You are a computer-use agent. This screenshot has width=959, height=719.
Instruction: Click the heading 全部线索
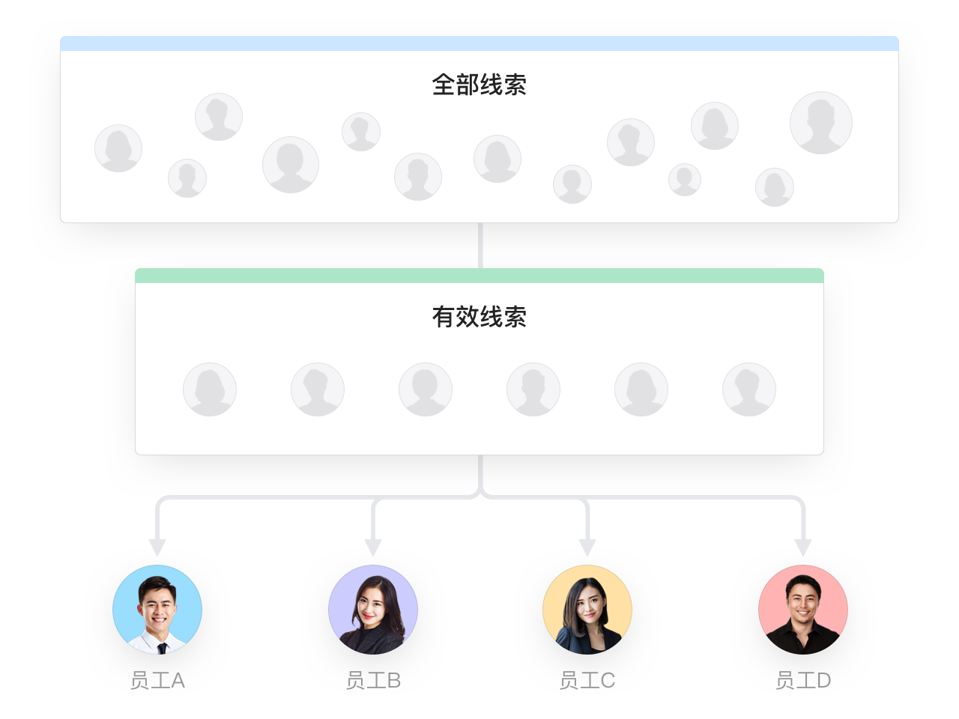(x=479, y=85)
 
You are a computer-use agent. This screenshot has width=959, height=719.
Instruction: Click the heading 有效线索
(x=479, y=317)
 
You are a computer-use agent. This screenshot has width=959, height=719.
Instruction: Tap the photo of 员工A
(x=157, y=610)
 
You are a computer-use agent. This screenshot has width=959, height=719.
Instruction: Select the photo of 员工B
(x=373, y=610)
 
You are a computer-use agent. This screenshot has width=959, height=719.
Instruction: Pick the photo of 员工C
(x=587, y=610)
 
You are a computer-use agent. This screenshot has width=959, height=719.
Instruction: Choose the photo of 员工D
(x=803, y=610)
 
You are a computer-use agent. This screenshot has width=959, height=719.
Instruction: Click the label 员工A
(x=157, y=680)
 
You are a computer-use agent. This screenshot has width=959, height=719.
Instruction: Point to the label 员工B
(x=373, y=680)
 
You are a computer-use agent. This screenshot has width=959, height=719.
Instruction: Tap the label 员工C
(x=587, y=680)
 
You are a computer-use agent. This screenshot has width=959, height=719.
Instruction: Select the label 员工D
(x=803, y=680)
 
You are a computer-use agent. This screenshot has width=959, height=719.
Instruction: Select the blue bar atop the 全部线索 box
(x=479, y=43)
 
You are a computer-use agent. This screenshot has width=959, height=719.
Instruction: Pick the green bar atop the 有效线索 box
(x=479, y=276)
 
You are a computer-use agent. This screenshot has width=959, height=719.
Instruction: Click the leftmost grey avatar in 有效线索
(x=210, y=389)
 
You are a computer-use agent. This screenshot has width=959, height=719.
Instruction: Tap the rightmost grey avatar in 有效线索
(x=749, y=389)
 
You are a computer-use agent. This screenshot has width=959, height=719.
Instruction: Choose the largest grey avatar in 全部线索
(x=821, y=123)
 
